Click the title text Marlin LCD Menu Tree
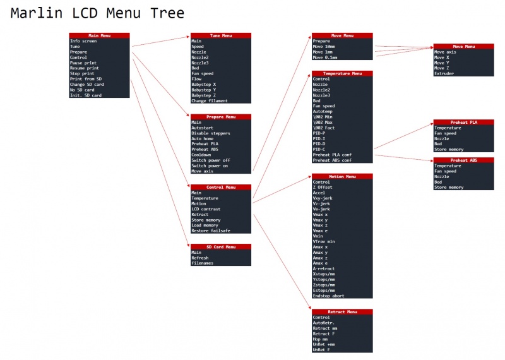(x=98, y=13)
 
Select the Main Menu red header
(x=99, y=36)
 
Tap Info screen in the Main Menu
(x=83, y=41)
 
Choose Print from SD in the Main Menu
(x=86, y=79)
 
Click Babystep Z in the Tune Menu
(x=203, y=95)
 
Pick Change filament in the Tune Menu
(x=210, y=101)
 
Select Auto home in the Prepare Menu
(x=203, y=138)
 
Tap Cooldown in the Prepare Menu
(x=202, y=155)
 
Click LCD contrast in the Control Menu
(x=206, y=209)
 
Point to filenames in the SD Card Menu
(x=202, y=263)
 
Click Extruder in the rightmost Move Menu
(x=444, y=73)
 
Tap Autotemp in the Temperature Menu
(x=324, y=112)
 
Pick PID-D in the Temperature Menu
(x=319, y=144)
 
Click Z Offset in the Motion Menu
(x=323, y=188)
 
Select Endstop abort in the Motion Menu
(x=329, y=296)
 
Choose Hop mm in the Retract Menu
(x=320, y=339)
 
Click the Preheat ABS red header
(x=463, y=160)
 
